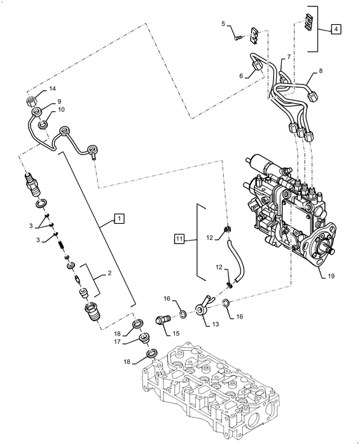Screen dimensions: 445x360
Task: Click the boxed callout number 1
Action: tap(118, 218)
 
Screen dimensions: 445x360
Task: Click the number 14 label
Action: tap(53, 90)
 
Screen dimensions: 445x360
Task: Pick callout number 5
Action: tap(223, 24)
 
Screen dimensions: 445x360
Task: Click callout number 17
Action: tap(117, 341)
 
